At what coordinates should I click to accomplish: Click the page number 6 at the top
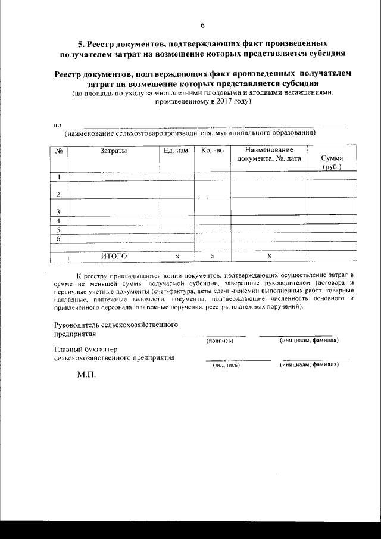click(202, 26)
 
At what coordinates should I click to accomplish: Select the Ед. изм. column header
click(176, 151)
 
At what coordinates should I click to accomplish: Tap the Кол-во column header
click(213, 151)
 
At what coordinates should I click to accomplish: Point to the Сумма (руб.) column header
click(332, 163)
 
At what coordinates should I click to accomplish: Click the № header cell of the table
click(60, 151)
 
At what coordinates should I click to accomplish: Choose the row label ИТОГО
click(114, 256)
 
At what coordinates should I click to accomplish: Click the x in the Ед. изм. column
click(177, 256)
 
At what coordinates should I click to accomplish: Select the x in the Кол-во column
click(213, 256)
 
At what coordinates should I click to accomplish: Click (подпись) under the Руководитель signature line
click(220, 341)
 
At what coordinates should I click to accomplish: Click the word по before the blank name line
click(58, 126)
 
